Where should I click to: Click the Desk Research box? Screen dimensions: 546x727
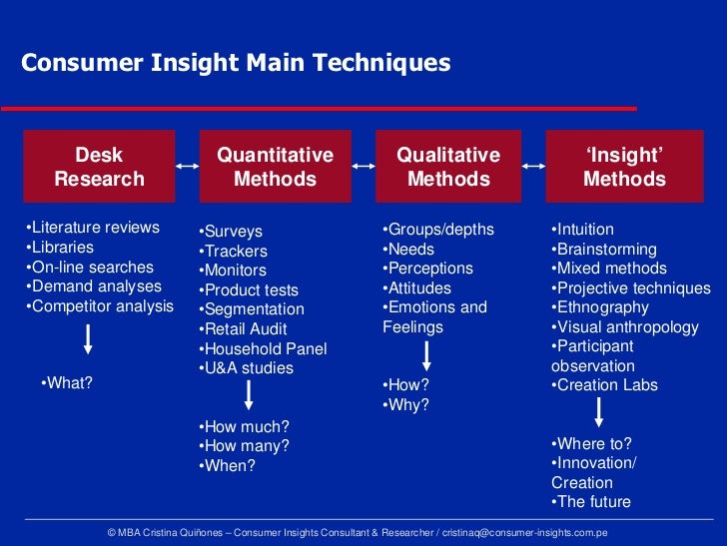pos(99,167)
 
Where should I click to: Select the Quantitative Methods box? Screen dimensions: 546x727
pos(275,167)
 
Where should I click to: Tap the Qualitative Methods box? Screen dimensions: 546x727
pos(448,167)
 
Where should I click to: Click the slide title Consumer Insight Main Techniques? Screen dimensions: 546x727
pos(237,63)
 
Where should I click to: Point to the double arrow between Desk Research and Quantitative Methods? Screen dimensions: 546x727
pos(187,167)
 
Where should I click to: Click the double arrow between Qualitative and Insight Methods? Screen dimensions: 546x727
pos(533,167)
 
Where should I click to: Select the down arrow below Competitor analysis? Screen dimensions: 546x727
pos(89,339)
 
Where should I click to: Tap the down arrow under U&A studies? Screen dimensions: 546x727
pos(248,396)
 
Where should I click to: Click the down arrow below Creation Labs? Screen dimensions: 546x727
pos(599,412)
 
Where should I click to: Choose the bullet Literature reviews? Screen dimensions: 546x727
pos(92,228)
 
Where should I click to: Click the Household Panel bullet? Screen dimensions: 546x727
pos(264,348)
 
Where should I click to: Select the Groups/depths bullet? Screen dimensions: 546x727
pos(438,230)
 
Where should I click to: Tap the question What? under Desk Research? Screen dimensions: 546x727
pos(67,382)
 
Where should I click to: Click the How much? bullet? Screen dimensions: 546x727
pos(245,426)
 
